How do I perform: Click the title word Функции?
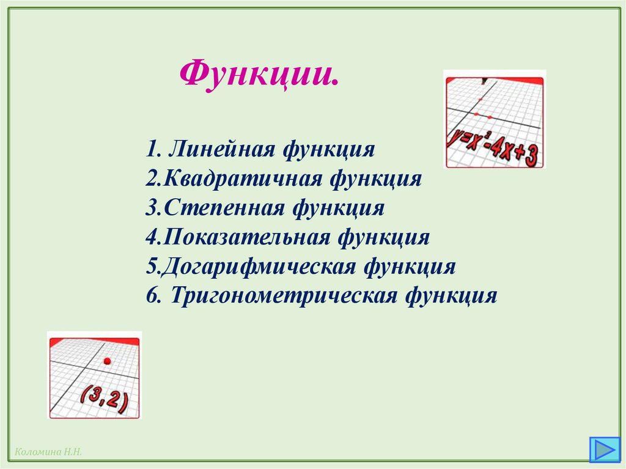[259, 74]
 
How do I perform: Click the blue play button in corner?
[603, 449]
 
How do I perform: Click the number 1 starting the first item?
[151, 149]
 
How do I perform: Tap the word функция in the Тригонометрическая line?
[451, 296]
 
